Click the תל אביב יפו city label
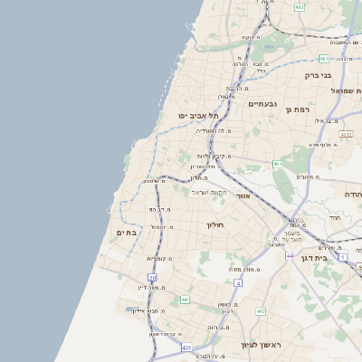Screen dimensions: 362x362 (x=200, y=116)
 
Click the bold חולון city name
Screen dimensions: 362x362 (x=214, y=224)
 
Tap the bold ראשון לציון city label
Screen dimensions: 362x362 (x=262, y=346)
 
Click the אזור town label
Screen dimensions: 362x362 (x=242, y=195)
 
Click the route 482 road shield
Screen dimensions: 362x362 (x=300, y=7)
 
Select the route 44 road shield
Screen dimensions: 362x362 (x=290, y=256)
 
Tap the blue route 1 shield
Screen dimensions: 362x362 (x=343, y=257)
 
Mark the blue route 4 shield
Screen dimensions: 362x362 (x=237, y=283)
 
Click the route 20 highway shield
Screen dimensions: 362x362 (x=153, y=278)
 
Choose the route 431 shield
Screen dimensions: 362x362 (x=186, y=347)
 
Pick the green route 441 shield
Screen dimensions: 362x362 (x=185, y=299)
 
